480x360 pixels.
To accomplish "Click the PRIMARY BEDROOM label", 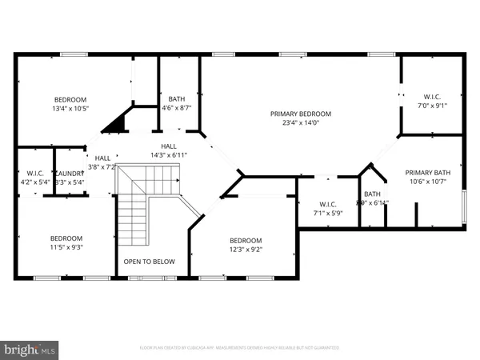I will tap(301, 114).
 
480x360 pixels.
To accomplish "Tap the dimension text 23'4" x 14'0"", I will tap(301, 123).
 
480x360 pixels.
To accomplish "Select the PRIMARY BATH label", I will tap(428, 172).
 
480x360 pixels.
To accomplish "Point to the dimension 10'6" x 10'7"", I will tap(428, 182).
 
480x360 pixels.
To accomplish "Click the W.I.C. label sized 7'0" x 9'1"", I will tap(432, 95).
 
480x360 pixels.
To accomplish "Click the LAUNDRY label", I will tap(69, 173).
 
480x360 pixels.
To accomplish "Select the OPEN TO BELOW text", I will tap(149, 262).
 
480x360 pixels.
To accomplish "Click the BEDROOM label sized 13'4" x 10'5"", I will tap(70, 99).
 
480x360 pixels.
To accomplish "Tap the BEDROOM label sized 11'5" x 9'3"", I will tap(67, 238).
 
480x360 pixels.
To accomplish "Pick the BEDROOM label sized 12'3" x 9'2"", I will tap(246, 240).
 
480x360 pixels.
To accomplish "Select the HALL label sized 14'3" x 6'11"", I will tap(169, 146).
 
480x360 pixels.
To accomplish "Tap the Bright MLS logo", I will tap(30, 349).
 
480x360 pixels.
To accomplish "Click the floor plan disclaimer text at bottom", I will tap(239, 348).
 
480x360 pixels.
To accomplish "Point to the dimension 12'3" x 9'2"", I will tap(246, 250).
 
